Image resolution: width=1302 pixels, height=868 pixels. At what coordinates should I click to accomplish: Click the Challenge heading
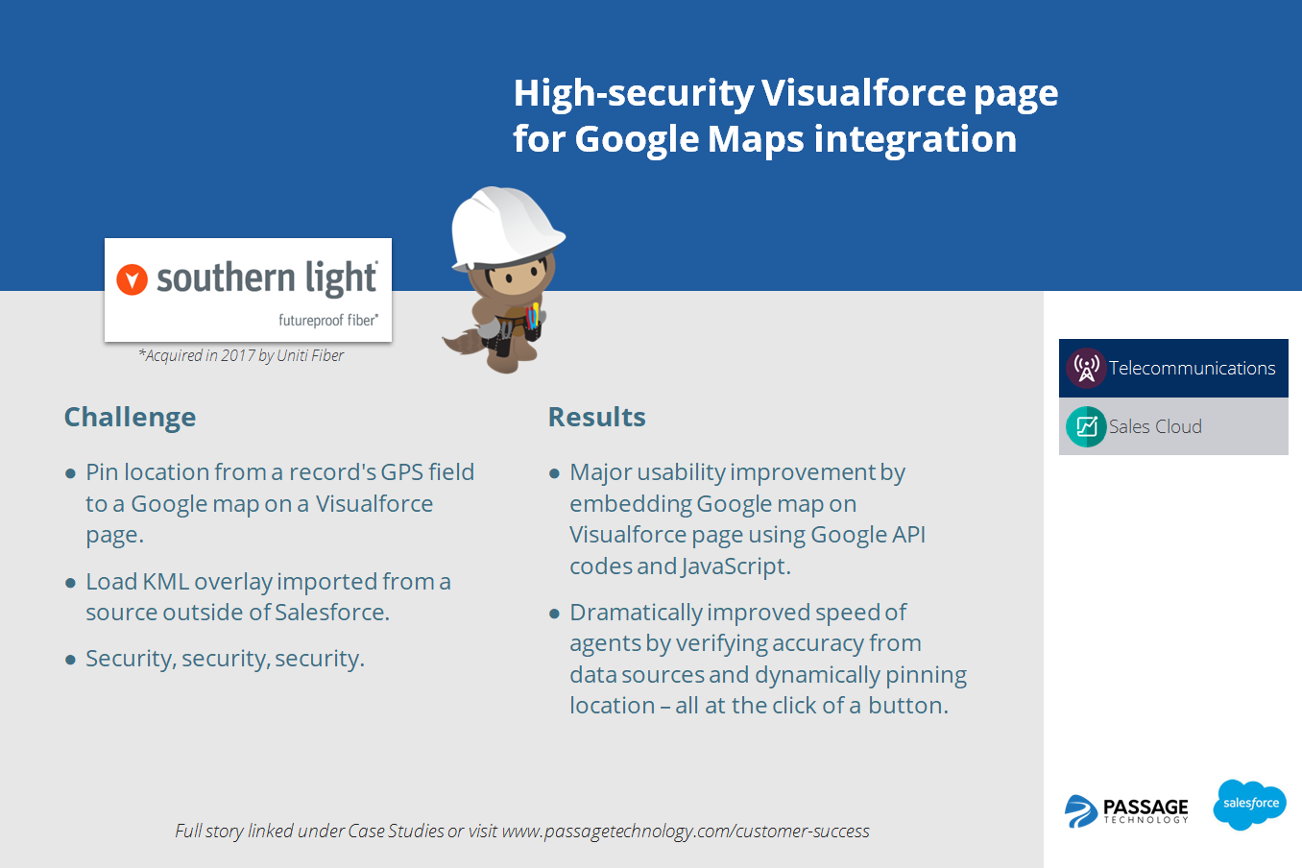pos(130,418)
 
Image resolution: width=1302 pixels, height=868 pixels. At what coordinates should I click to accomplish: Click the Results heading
pos(596,418)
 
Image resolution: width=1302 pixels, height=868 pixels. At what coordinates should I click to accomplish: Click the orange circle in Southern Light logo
pos(132,279)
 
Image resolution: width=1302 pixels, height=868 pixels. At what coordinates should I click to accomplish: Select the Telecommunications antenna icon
pos(1086,368)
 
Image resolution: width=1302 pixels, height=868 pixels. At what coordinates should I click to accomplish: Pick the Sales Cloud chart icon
pos(1086,426)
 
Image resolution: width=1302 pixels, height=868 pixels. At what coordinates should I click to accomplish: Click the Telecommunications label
pos(1192,369)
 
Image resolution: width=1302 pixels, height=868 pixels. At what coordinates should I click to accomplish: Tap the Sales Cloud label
pos(1155,427)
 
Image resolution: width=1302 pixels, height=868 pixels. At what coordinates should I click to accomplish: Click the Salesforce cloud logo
pos(1249,804)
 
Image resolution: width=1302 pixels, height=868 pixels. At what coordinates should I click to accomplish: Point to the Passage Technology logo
pos(1127,810)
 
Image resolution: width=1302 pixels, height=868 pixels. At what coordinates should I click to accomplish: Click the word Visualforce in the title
pos(863,93)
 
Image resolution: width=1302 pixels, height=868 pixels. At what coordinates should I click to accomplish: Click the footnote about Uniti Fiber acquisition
pos(241,355)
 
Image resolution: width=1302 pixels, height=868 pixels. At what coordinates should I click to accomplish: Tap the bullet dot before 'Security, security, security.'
pos(70,660)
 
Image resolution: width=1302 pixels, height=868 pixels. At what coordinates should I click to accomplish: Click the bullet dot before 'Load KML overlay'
pos(70,583)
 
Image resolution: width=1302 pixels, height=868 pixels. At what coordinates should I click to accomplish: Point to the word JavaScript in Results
pos(735,567)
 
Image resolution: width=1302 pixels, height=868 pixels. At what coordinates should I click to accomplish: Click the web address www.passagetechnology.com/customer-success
pos(686,832)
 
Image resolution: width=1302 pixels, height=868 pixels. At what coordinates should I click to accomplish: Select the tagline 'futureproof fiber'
pos(327,320)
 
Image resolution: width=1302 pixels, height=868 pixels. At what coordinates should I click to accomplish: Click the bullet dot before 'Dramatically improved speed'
pos(554,614)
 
